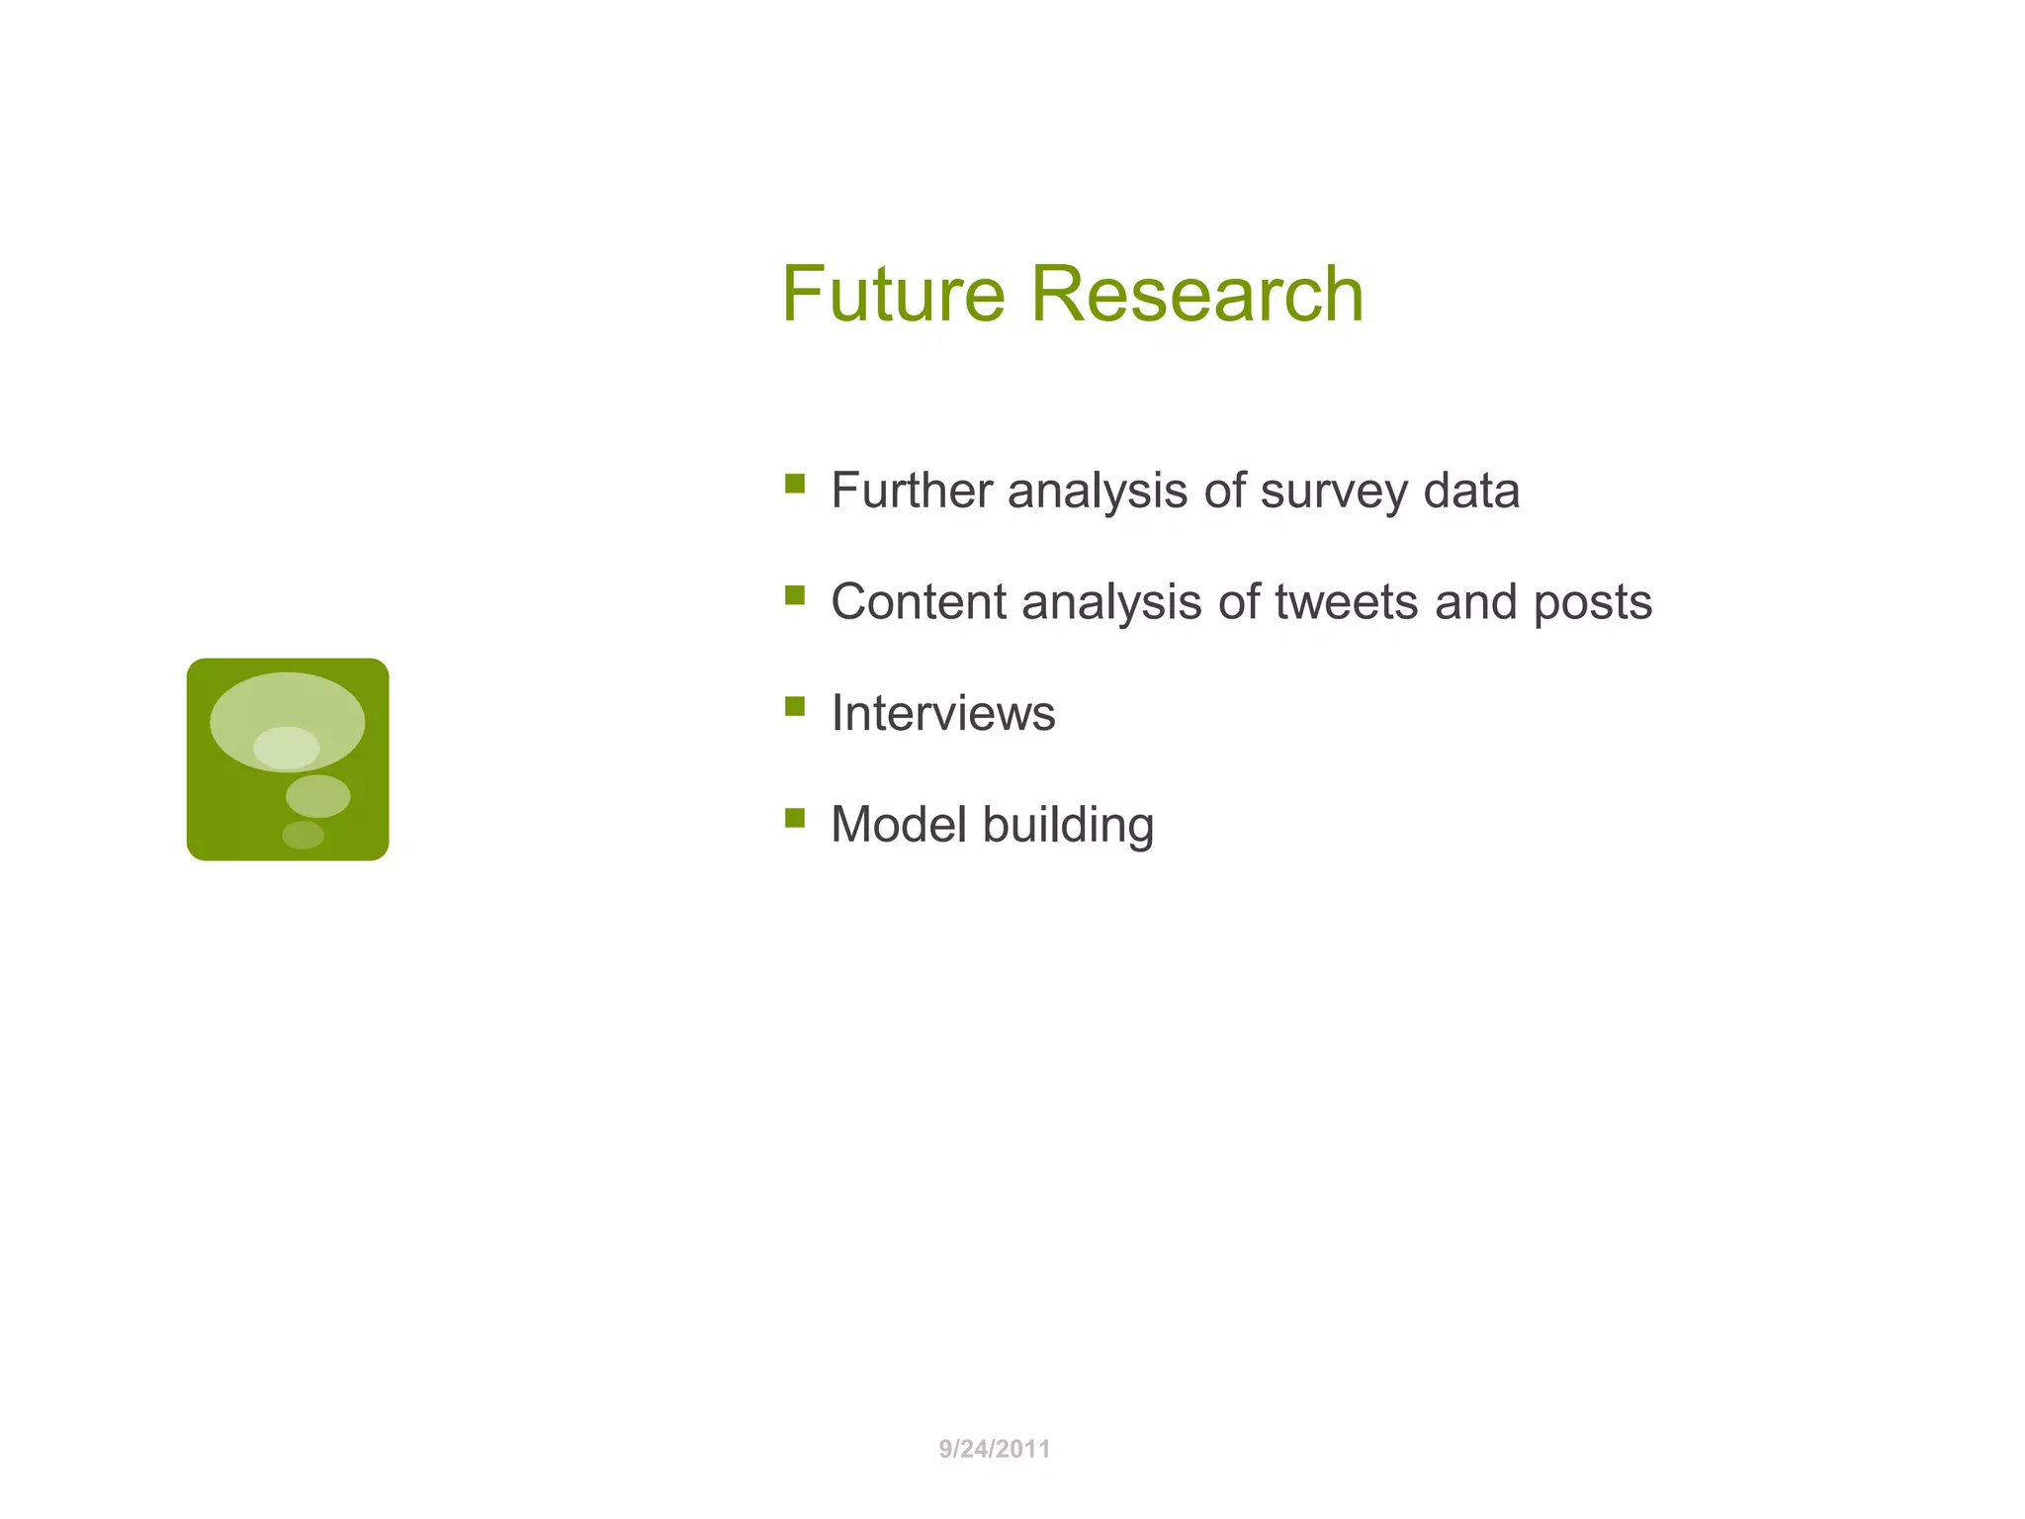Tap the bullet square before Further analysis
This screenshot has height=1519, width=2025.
tap(794, 484)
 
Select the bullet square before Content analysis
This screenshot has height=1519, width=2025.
tap(794, 594)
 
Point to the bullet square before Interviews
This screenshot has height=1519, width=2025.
tap(794, 706)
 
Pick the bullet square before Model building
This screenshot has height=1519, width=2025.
tap(794, 817)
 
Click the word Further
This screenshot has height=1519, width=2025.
tap(911, 491)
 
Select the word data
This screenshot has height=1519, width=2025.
tap(1471, 491)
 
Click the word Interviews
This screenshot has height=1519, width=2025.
tap(942, 713)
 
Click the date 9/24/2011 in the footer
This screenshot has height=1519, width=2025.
tap(994, 1449)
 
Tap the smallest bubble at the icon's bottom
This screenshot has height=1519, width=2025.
tap(303, 835)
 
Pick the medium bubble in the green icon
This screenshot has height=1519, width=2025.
tap(317, 796)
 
